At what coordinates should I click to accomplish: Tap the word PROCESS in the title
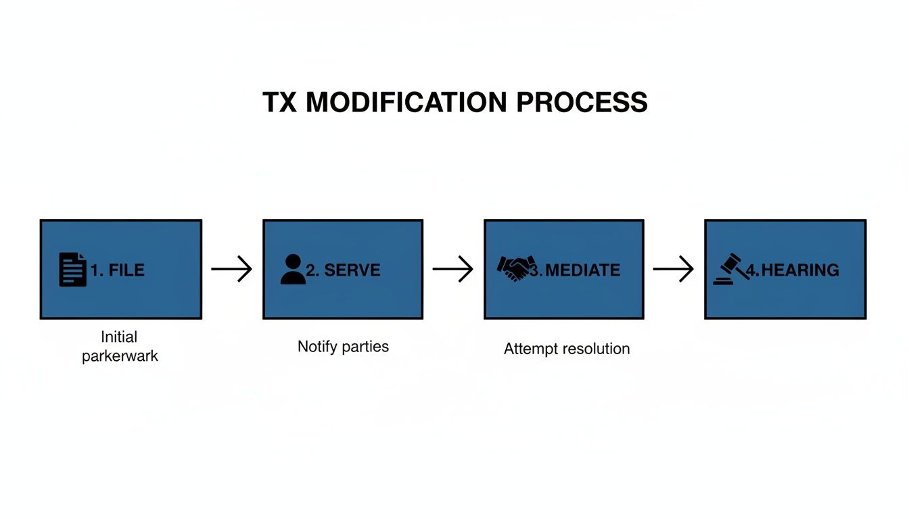tap(582, 103)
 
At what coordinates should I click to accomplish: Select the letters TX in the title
tap(280, 103)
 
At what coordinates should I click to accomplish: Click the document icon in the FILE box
tap(72, 269)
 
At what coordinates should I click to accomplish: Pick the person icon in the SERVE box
tap(292, 269)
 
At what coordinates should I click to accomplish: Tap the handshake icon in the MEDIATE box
tap(516, 269)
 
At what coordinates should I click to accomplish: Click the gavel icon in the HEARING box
tap(731, 269)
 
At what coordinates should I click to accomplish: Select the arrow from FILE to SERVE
tap(231, 269)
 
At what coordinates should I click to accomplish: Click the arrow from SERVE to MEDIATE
tap(452, 269)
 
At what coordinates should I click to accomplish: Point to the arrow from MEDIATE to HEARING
tap(673, 269)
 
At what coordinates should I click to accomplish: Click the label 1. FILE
tap(118, 270)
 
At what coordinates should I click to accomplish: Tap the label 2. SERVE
tap(343, 270)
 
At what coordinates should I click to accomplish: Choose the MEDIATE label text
tap(582, 270)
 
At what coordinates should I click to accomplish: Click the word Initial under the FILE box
tap(119, 337)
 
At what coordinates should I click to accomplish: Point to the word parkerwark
tap(120, 356)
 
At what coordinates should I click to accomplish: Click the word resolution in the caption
tap(595, 349)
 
